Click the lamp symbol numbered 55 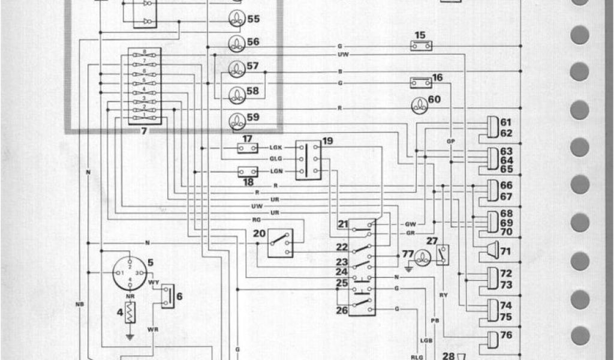coord(237,19)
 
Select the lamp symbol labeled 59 coord(237,119)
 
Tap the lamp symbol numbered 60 coord(418,105)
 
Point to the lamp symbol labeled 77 coord(423,257)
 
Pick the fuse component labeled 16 coord(420,82)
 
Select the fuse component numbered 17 coord(248,148)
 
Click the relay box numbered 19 coord(310,159)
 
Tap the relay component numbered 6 coord(167,294)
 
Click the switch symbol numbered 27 coord(443,255)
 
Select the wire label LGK coord(277,147)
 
